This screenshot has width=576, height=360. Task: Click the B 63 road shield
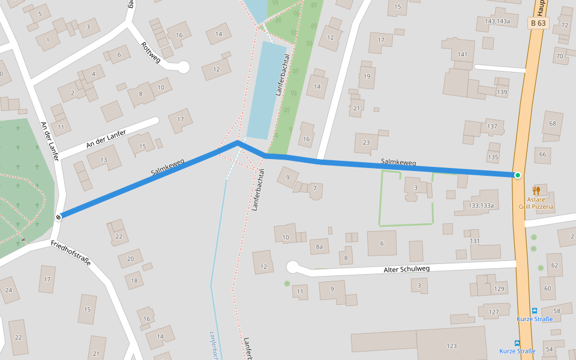point(538,23)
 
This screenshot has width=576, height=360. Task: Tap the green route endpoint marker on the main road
point(517,175)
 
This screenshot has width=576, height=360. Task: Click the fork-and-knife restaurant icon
point(536,191)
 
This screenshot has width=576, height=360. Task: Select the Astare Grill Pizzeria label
point(536,203)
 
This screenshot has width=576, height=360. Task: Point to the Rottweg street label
point(151,51)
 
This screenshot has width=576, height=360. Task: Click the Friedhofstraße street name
point(71,253)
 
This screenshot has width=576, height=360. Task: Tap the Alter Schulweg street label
point(406,270)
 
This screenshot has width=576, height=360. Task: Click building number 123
point(451,346)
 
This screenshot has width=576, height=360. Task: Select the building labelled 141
point(462,55)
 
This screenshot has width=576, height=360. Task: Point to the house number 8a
point(319,246)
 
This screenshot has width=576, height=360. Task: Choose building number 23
point(366,143)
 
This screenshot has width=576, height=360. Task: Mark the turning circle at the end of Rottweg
point(184,67)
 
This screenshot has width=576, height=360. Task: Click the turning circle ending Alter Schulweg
point(293,267)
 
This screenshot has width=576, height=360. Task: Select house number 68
point(552,124)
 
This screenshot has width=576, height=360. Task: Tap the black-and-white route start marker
point(58,217)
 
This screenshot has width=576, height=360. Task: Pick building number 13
point(103,159)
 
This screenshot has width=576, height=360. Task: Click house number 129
point(499,289)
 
